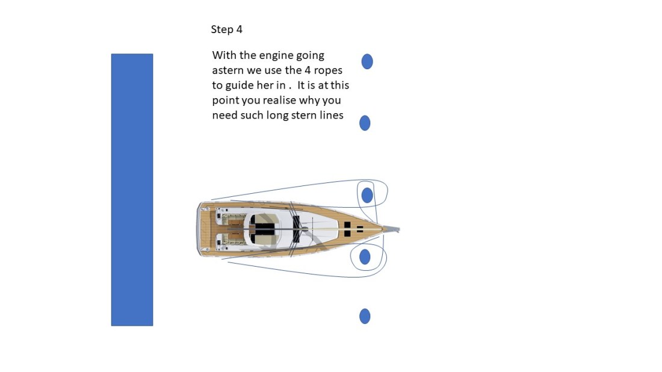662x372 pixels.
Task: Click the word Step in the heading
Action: (x=221, y=29)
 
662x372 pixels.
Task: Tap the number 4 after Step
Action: (x=240, y=29)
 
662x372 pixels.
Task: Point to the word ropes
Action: (x=328, y=70)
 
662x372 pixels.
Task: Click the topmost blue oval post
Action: (x=367, y=61)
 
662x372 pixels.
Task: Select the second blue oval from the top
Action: (x=365, y=123)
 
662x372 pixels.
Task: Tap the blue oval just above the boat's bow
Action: (x=367, y=195)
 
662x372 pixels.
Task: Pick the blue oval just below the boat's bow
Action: (x=365, y=257)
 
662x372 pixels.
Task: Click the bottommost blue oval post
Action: (x=365, y=316)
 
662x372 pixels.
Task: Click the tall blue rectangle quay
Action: (x=132, y=190)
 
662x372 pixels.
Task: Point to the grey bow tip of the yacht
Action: (x=394, y=229)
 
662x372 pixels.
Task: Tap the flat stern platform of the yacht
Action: (x=200, y=229)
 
